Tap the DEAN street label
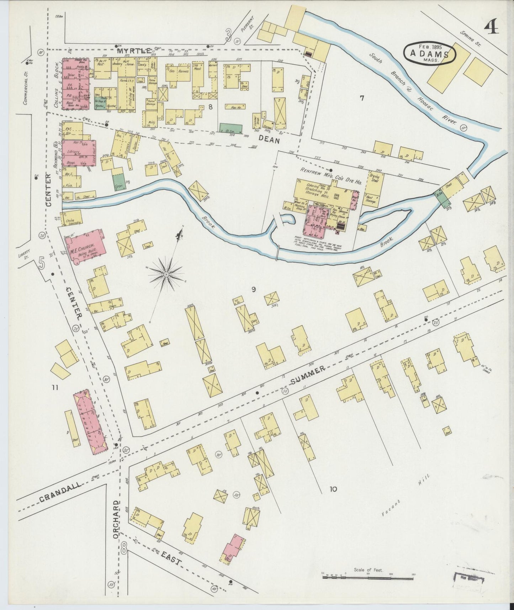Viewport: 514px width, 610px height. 270,140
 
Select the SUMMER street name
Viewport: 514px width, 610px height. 308,375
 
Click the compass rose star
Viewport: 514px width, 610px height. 166,274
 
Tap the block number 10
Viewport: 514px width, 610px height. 333,489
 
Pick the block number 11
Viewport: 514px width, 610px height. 54,388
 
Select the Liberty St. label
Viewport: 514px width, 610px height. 24,254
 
